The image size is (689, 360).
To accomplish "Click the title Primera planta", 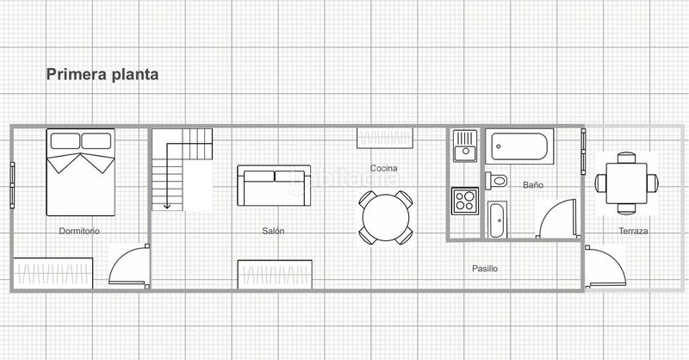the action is pyautogui.click(x=102, y=75).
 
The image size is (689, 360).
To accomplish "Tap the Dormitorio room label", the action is pyautogui.click(x=79, y=231).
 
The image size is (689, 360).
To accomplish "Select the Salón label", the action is pyautogui.click(x=273, y=231).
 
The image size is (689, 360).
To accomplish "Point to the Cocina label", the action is pyautogui.click(x=383, y=168).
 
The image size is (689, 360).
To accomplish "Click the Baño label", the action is pyautogui.click(x=533, y=185).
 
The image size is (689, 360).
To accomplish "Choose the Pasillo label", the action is pyautogui.click(x=485, y=269).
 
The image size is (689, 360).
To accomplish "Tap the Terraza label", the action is pyautogui.click(x=633, y=231).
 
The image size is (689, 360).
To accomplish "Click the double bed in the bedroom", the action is pyautogui.click(x=80, y=172).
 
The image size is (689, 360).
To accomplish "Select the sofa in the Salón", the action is pyautogui.click(x=274, y=185).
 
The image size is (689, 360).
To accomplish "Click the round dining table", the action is pyautogui.click(x=386, y=218).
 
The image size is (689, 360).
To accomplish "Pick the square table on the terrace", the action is pyautogui.click(x=627, y=183).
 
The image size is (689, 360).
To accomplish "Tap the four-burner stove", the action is pyautogui.click(x=465, y=201).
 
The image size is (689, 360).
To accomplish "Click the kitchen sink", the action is pyautogui.click(x=465, y=146).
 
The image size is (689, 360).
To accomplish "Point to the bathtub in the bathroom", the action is pyautogui.click(x=519, y=146).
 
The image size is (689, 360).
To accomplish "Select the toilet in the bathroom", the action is pyautogui.click(x=496, y=180).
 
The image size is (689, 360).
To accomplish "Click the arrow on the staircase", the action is pyautogui.click(x=167, y=176).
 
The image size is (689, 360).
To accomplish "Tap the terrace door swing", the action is pyautogui.click(x=605, y=267).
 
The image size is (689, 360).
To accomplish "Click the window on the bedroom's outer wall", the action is pyautogui.click(x=12, y=185).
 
